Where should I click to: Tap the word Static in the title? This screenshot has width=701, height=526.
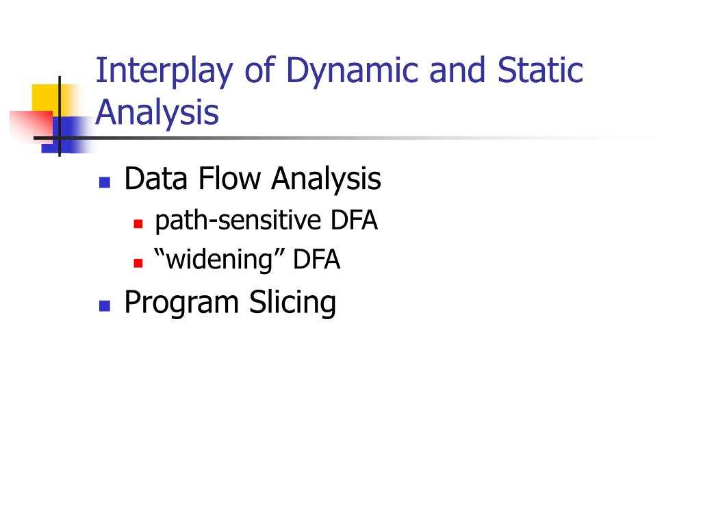540,71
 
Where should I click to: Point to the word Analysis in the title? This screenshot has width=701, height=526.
157,112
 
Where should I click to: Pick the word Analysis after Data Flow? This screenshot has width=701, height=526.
326,180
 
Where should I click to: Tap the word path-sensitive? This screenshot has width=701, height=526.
238,221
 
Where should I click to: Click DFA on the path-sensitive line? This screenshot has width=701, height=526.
353,221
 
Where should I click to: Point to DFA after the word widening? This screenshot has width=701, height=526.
316,261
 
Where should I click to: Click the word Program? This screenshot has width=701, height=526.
181,303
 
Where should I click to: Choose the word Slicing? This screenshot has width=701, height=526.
292,303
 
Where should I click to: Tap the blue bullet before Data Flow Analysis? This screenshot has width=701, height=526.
104,182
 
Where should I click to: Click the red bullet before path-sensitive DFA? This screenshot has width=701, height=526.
138,223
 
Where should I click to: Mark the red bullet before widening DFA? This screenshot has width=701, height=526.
138,263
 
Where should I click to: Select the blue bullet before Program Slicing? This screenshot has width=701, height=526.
104,305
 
